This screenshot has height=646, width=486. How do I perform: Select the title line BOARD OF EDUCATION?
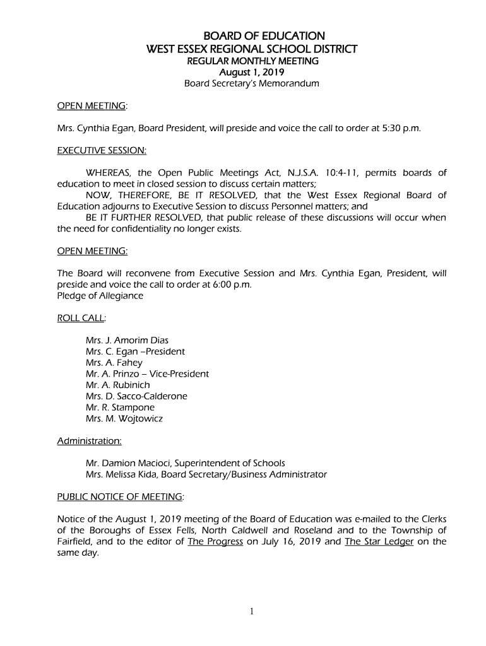pyautogui.click(x=252, y=36)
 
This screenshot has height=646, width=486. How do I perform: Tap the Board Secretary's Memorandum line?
pyautogui.click(x=252, y=83)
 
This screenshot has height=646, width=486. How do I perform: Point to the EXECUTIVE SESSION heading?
pyautogui.click(x=102, y=151)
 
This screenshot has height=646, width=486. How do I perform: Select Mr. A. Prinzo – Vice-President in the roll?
pyautogui.click(x=147, y=374)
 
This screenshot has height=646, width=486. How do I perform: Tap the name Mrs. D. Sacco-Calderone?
pyautogui.click(x=136, y=396)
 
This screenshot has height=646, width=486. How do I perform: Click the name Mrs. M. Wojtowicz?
pyautogui.click(x=124, y=419)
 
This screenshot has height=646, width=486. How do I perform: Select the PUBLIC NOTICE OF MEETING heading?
pyautogui.click(x=120, y=496)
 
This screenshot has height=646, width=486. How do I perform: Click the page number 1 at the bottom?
pyautogui.click(x=251, y=611)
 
